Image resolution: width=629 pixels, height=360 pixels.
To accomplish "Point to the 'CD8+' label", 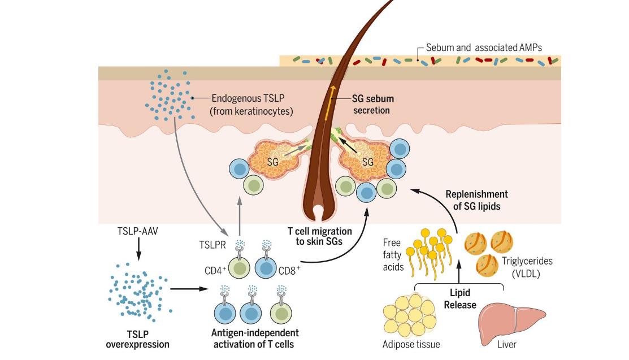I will pos(289,270).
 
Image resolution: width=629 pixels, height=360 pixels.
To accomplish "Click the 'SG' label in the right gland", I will pos(368,163).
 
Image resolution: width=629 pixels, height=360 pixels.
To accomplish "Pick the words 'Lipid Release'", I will pos(459,299).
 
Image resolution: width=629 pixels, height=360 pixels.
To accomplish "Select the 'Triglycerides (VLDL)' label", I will pos(527,267).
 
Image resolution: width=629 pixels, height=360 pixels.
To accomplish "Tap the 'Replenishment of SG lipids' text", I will pos(476,201).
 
